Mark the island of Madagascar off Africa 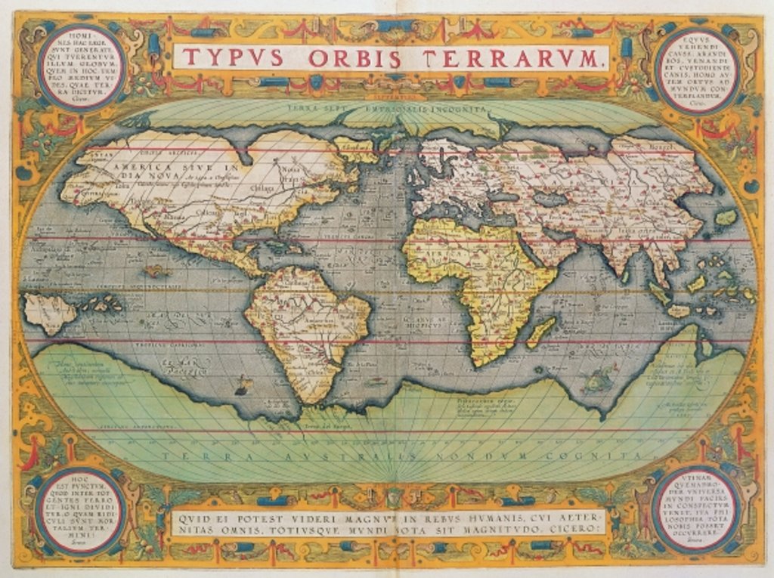click(x=542, y=332)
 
